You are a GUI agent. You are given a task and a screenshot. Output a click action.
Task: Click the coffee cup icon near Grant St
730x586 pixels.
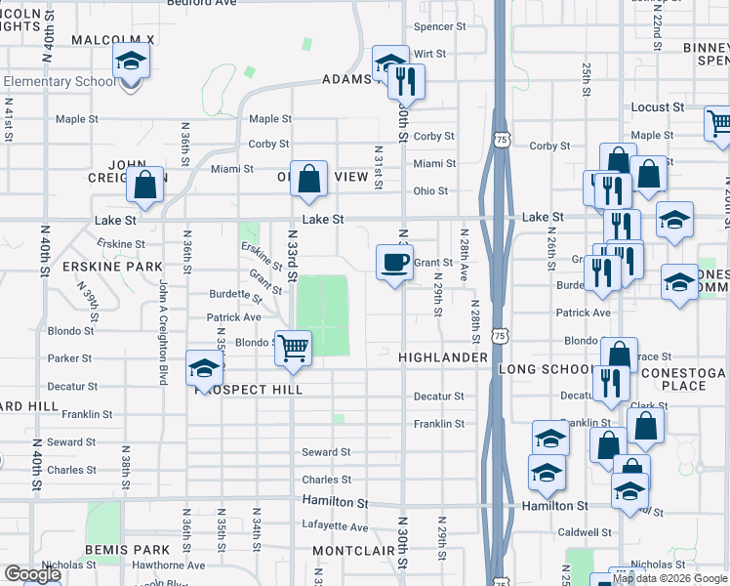coord(394,263)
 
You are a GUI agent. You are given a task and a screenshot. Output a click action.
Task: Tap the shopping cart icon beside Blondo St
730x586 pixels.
coord(294,348)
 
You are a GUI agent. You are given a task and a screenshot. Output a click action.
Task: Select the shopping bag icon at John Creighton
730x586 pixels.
coord(145,186)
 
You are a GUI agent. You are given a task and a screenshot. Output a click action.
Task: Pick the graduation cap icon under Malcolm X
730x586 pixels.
coord(130,63)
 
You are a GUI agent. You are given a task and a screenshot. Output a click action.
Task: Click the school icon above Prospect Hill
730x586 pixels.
coord(204,368)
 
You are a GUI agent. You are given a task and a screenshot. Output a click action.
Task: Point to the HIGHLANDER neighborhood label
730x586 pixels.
coord(443,358)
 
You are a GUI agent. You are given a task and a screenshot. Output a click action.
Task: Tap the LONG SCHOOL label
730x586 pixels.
coord(547,371)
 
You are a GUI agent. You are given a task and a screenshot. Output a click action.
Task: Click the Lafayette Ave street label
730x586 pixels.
coord(335,527)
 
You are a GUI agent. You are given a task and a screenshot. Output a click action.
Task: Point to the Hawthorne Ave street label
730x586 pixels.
coord(168,565)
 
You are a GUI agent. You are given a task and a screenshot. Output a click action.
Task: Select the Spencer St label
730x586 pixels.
coord(435,27)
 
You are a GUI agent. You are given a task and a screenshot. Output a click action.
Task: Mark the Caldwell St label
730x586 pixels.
coord(585,533)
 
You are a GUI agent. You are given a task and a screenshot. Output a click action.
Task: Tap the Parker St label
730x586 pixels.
coord(69,358)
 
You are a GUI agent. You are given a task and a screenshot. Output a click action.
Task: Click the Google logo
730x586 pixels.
coord(32,574)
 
